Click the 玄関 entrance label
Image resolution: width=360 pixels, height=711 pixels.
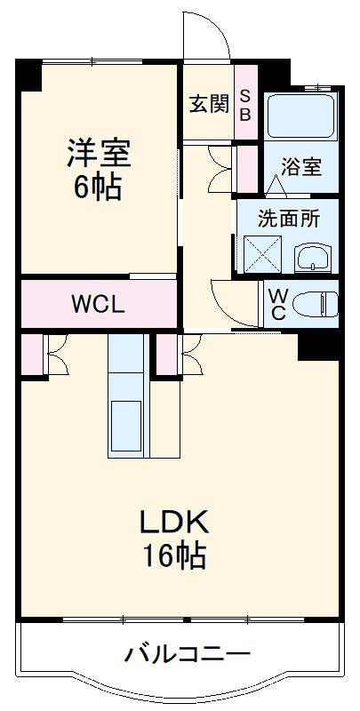coord(209,103)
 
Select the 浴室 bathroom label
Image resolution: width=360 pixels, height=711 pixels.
coord(301,166)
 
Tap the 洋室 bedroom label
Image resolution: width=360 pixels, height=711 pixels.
coord(98,154)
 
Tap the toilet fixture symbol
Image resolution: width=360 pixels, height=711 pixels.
coord(315,304)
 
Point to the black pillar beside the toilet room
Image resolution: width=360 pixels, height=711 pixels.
coord(319,344)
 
